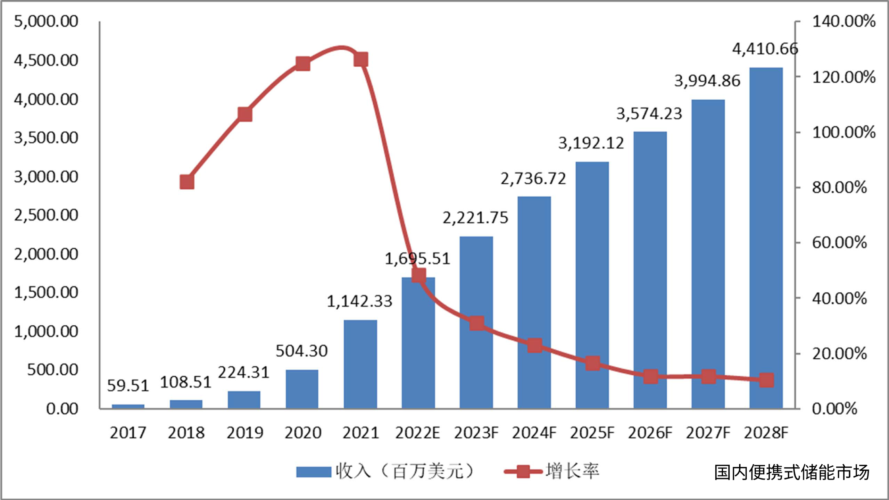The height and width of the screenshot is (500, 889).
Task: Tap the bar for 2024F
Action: (534, 302)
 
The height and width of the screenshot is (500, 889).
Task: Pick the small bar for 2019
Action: (244, 400)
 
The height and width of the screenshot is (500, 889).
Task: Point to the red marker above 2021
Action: (361, 60)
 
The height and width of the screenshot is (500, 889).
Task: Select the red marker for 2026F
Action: (650, 376)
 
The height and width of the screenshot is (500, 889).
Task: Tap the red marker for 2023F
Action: (477, 323)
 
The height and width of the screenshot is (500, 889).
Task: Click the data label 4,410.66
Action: (765, 49)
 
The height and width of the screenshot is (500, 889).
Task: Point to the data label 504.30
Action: (301, 351)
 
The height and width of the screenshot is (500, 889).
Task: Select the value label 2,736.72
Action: (533, 179)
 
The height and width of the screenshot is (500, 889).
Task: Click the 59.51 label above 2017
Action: (128, 385)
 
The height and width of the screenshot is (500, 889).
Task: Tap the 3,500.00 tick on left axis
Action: (46, 138)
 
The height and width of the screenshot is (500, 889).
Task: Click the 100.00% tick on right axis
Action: (844, 132)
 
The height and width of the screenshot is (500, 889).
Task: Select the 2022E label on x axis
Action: (417, 433)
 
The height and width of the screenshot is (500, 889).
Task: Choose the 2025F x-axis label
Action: (592, 433)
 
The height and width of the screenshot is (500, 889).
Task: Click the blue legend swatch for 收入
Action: (314, 472)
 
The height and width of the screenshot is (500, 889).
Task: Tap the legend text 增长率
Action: (572, 471)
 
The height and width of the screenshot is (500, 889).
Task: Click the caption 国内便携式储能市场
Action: (791, 473)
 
